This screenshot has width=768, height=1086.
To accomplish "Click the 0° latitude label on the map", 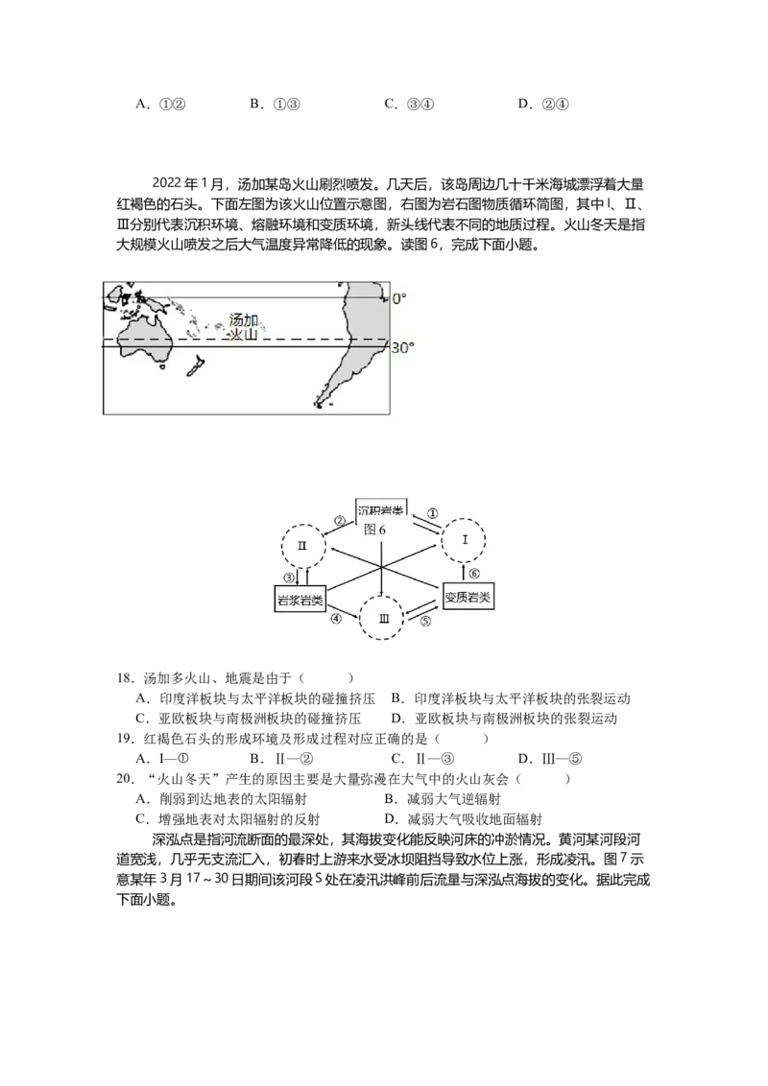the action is coord(399,298).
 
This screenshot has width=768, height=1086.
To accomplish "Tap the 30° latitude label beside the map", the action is coord(402,347).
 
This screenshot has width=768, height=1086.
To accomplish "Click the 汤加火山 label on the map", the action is coord(243,327).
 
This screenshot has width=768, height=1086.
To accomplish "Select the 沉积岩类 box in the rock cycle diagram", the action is coord(380,508).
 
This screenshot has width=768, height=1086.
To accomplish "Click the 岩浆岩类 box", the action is coord(300,600).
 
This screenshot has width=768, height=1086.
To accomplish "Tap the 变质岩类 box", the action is coord(468,597).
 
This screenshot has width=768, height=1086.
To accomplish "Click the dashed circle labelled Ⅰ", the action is coord(465,519).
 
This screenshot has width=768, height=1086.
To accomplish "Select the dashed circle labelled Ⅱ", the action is coord(303,524).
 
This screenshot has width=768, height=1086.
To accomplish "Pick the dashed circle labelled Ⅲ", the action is coord(381,597).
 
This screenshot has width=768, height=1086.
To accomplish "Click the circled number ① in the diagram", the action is coord(432,514).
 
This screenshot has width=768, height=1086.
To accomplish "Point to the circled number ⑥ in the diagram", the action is coord(474,574).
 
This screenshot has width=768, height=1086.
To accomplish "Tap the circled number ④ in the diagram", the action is coord(336,619).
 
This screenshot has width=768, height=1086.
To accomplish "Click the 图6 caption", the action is coord(374,530).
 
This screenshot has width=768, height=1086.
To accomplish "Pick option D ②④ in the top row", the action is coord(543,105).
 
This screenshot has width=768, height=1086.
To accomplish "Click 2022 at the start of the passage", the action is coord(166,184).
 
